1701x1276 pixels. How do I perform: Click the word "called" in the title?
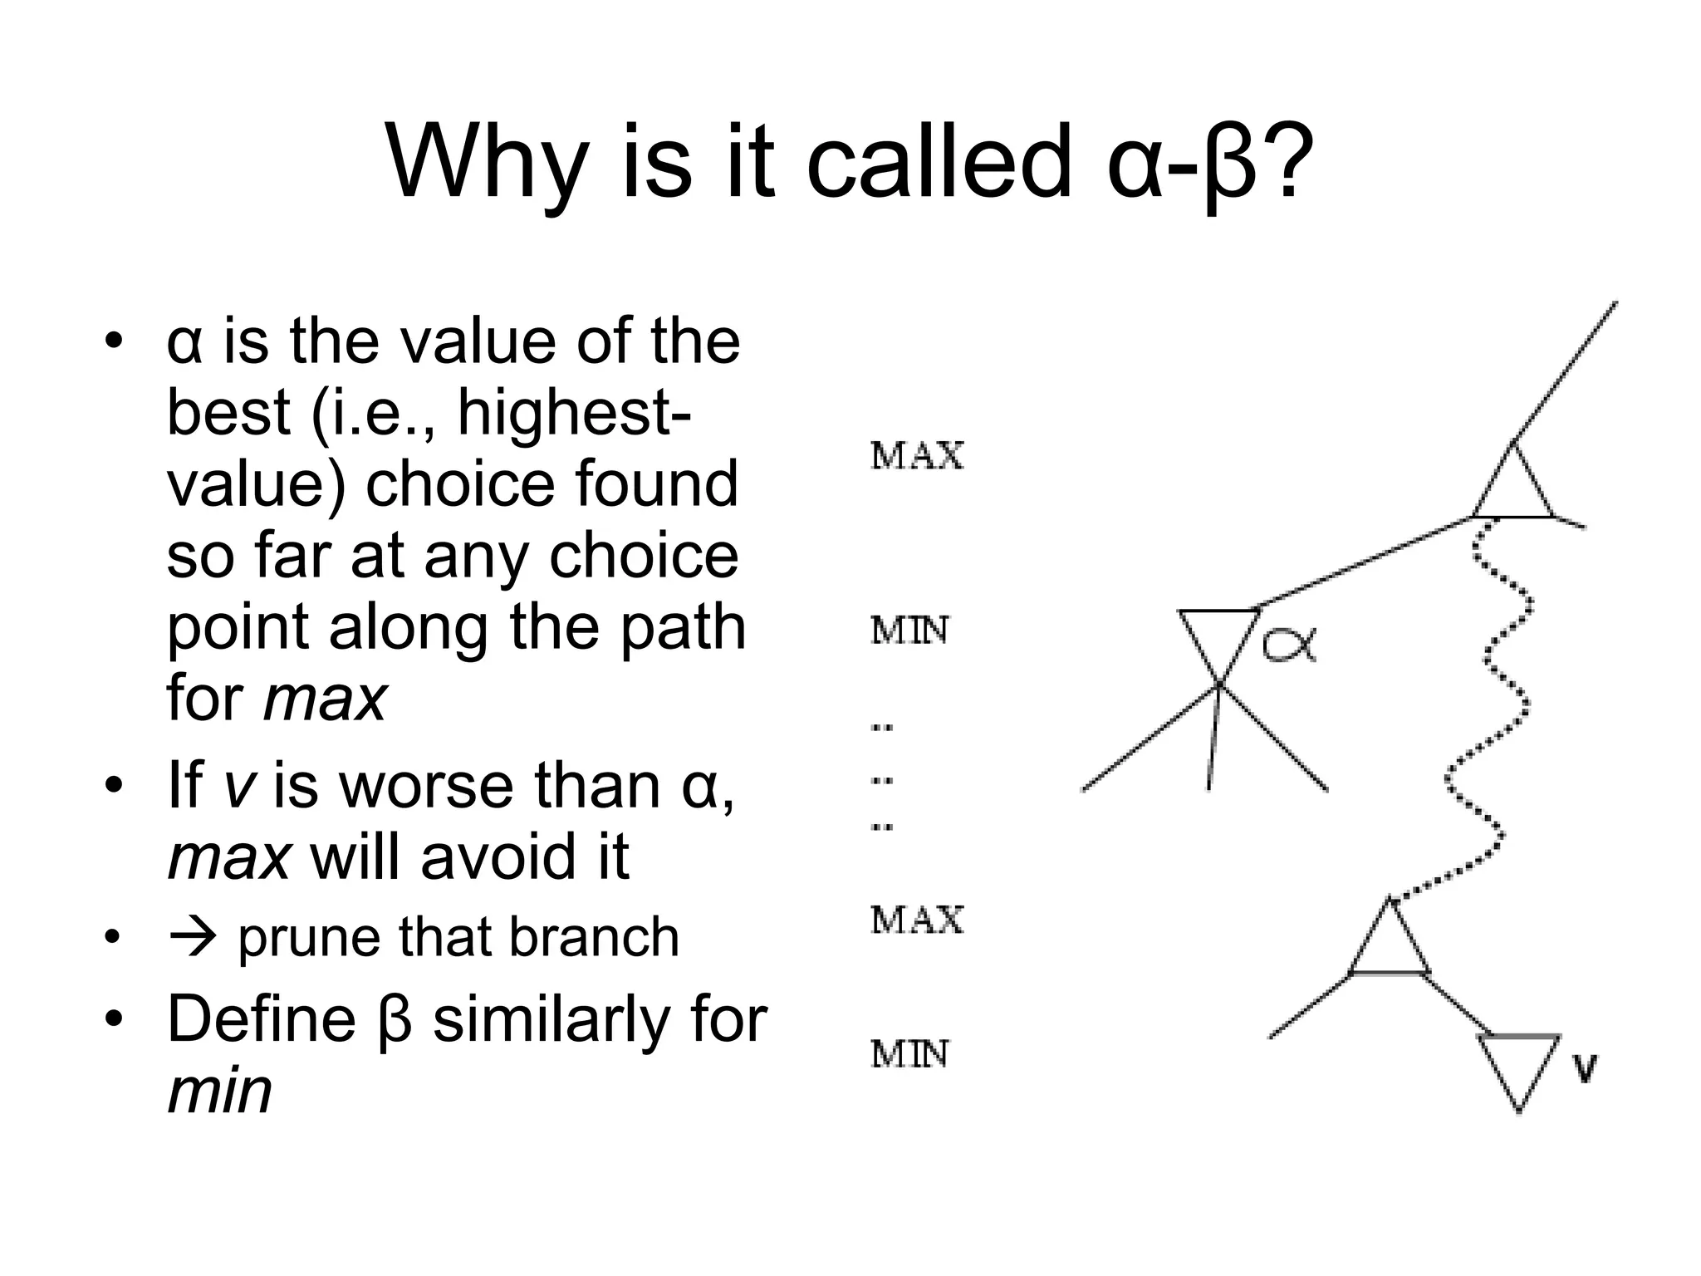[x=939, y=162]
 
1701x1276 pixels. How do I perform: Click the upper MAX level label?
[x=917, y=457]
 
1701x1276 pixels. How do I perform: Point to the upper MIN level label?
[x=909, y=632]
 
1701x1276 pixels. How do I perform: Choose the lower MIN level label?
[x=909, y=1055]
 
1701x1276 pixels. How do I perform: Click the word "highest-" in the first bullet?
[x=572, y=412]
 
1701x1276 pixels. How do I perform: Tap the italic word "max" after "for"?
[x=325, y=698]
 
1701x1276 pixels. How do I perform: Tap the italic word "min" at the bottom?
[x=220, y=1090]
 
